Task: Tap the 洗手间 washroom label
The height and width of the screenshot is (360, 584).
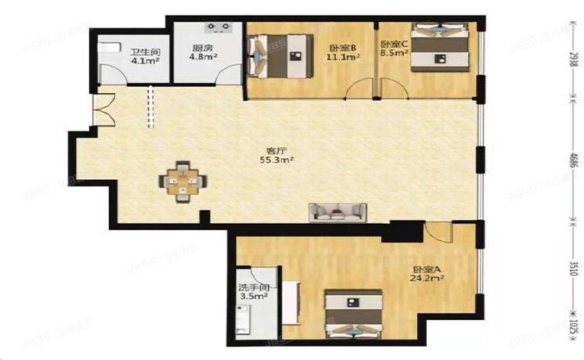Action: click(253, 287)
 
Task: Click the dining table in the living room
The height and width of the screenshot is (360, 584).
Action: click(184, 182)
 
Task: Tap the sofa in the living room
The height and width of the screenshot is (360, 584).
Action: click(337, 211)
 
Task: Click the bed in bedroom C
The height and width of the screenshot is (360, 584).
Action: click(440, 49)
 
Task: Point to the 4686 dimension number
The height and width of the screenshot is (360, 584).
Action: click(573, 161)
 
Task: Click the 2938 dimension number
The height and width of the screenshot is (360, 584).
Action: click(573, 60)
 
